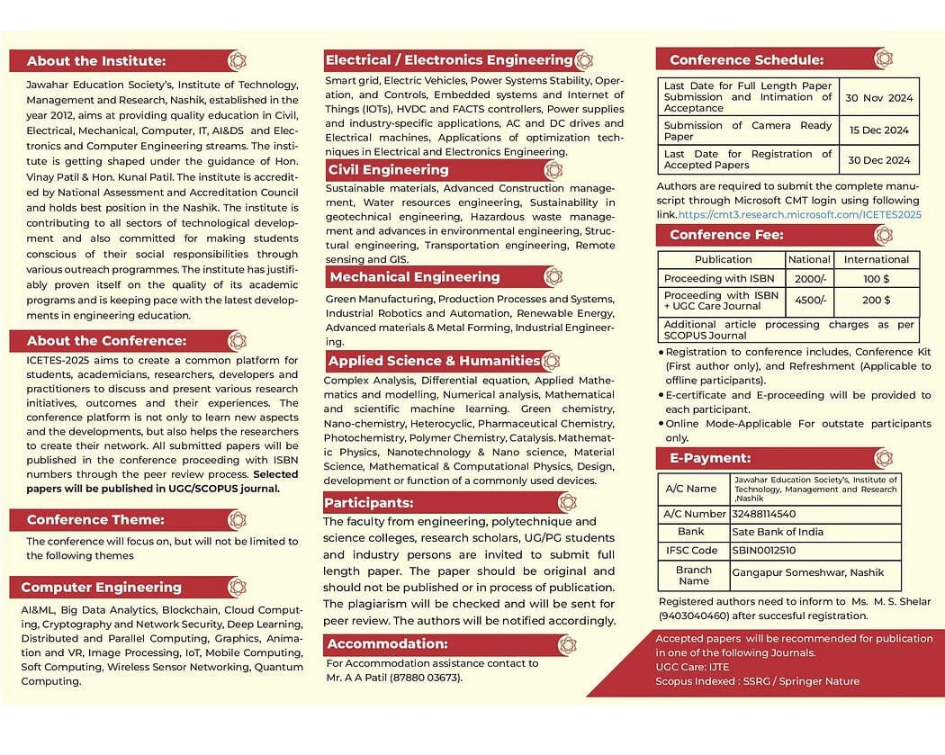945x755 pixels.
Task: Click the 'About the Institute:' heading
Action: point(96,61)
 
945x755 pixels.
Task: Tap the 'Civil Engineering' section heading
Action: point(388,170)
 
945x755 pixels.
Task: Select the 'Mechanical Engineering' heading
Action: point(414,277)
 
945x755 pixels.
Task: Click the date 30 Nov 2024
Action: point(879,98)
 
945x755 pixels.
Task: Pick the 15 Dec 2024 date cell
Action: point(879,130)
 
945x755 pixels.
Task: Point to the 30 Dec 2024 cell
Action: point(879,160)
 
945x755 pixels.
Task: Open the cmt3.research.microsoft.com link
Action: point(799,215)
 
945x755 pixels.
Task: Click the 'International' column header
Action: point(876,259)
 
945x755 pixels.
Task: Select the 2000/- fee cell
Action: point(810,279)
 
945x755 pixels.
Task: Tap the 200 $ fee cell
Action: point(876,301)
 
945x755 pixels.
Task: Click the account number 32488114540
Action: point(765,514)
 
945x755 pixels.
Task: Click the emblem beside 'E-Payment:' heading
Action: point(883,458)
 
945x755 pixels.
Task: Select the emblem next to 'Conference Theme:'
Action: point(237,519)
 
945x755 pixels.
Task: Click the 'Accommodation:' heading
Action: point(387,644)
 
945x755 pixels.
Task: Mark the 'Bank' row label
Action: point(691,532)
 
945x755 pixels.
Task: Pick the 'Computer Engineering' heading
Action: point(101,588)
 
